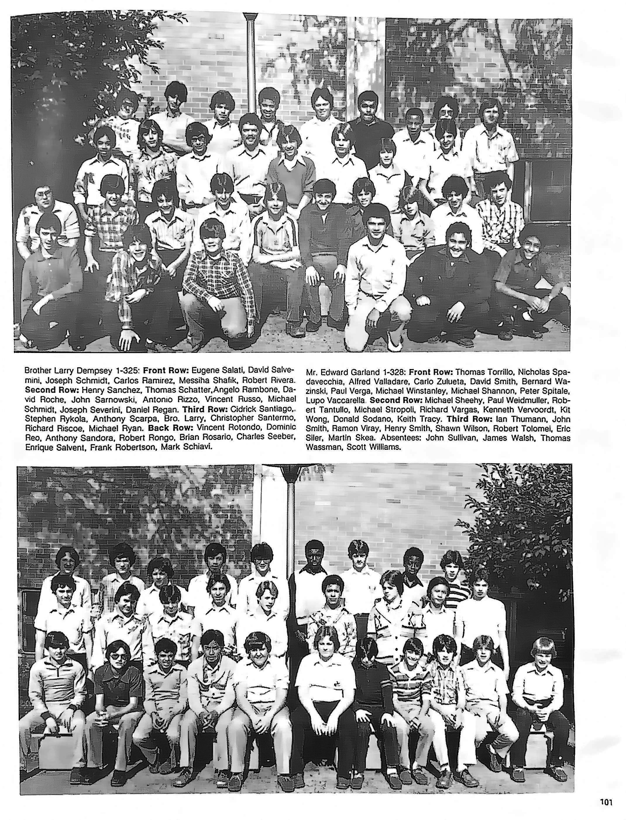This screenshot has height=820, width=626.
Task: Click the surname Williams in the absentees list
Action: pos(387,447)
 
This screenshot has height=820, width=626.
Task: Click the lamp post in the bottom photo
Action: pos(291,522)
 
